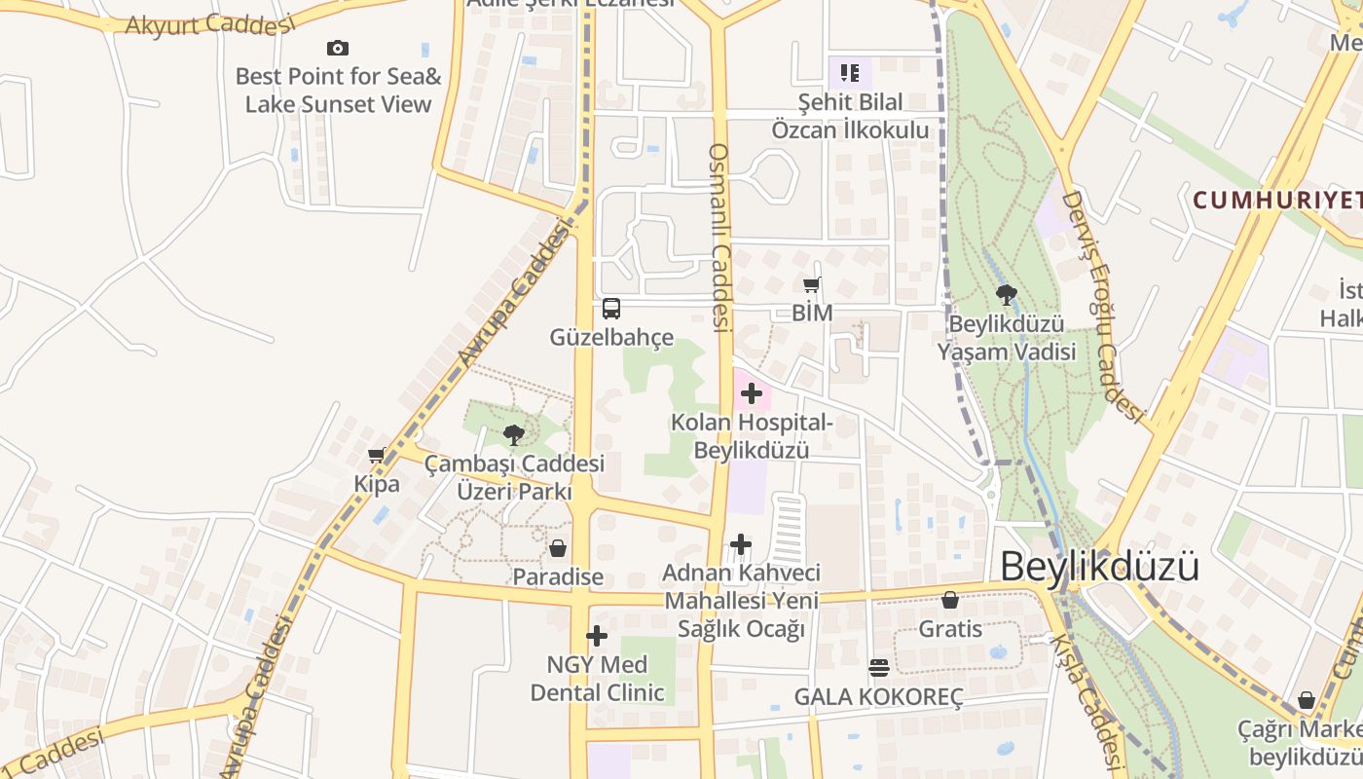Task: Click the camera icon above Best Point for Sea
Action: tap(338, 48)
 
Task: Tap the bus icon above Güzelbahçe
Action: tap(611, 309)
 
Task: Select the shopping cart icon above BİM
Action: tap(811, 284)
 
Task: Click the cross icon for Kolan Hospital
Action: tap(751, 393)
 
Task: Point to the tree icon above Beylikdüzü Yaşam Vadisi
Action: tap(1007, 294)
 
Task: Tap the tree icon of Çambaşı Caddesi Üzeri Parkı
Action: tap(514, 434)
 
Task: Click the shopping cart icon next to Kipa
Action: tap(377, 455)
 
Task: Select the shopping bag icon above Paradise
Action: tap(558, 548)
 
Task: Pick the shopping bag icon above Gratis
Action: tap(950, 600)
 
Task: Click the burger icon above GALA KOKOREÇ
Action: tap(879, 668)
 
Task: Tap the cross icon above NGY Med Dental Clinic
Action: tap(597, 637)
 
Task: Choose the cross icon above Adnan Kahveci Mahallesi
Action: tap(741, 544)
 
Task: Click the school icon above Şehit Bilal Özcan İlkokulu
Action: tap(850, 72)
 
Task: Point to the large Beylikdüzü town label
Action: tap(1099, 567)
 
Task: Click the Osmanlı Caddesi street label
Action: tap(719, 239)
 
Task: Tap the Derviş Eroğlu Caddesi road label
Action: tap(1101, 307)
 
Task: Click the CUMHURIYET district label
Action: tap(1276, 201)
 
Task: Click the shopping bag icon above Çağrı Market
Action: tap(1307, 700)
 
